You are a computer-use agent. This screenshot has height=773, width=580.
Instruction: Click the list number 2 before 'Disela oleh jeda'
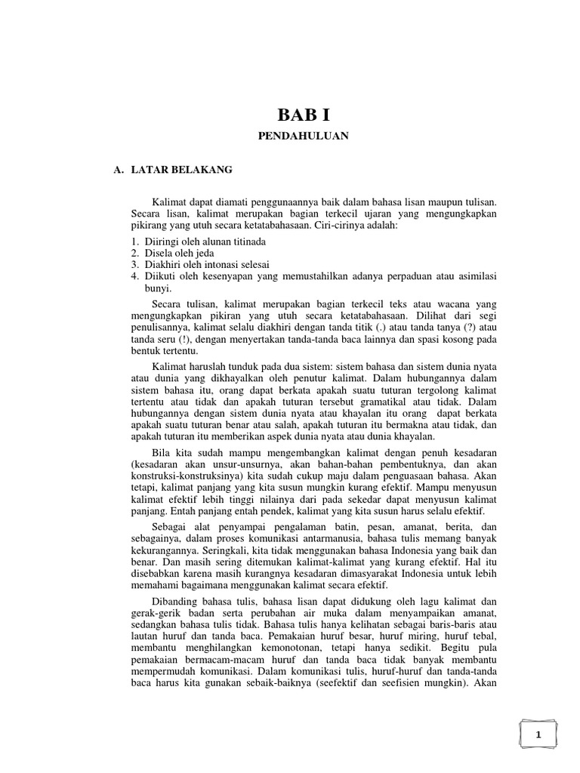[134, 253]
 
